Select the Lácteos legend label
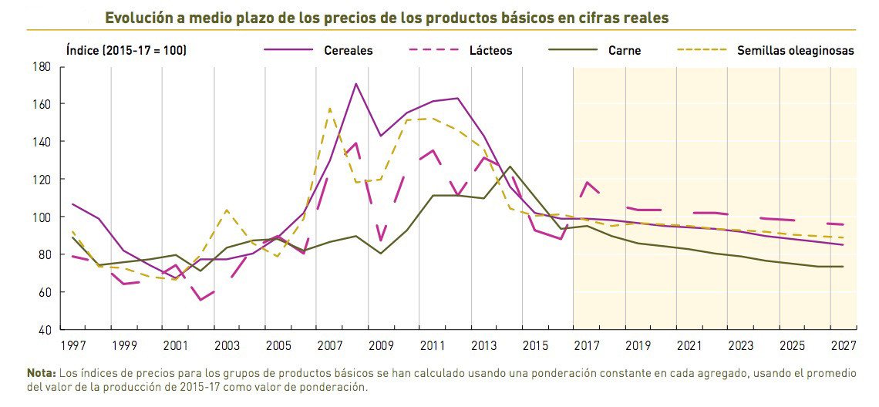[490, 51]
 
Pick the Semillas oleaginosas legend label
[796, 51]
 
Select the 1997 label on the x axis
[72, 345]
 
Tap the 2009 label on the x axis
[381, 345]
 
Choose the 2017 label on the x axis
[587, 345]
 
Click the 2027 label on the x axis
[843, 345]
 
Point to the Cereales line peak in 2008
[355, 84]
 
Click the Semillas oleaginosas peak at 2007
[330, 109]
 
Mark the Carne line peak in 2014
[510, 166]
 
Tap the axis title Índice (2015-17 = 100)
[126, 51]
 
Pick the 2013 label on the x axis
[483, 345]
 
